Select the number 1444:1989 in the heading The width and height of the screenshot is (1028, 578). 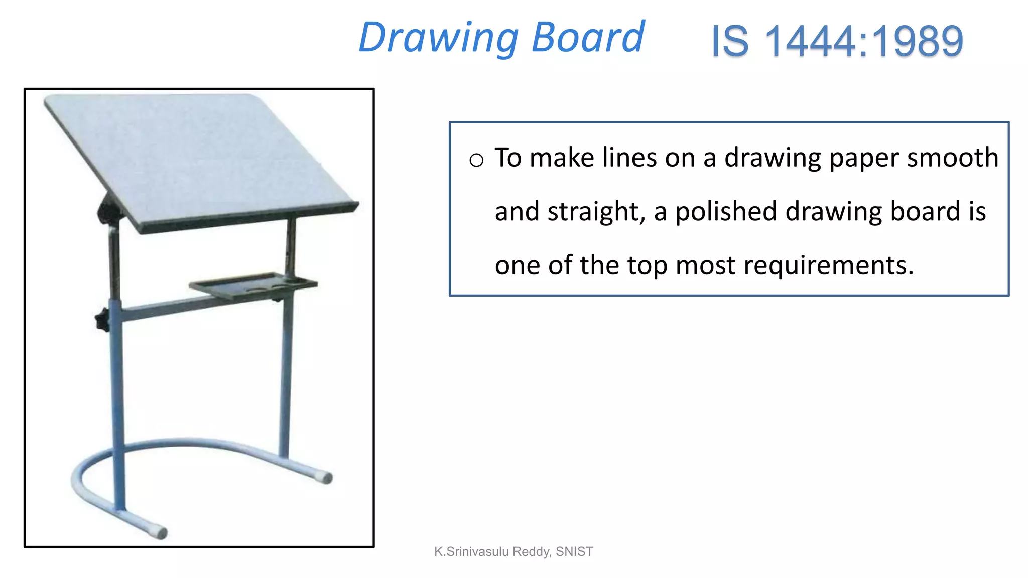pyautogui.click(x=863, y=41)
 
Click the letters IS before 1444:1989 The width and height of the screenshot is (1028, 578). pyautogui.click(x=730, y=41)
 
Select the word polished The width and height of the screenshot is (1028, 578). pyautogui.click(x=726, y=211)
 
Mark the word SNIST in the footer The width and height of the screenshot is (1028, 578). pyautogui.click(x=574, y=552)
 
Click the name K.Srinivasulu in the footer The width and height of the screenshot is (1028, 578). pyautogui.click(x=471, y=552)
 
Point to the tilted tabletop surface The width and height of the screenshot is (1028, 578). pyautogui.click(x=201, y=156)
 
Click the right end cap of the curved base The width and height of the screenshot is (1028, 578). pyautogui.click(x=326, y=477)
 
